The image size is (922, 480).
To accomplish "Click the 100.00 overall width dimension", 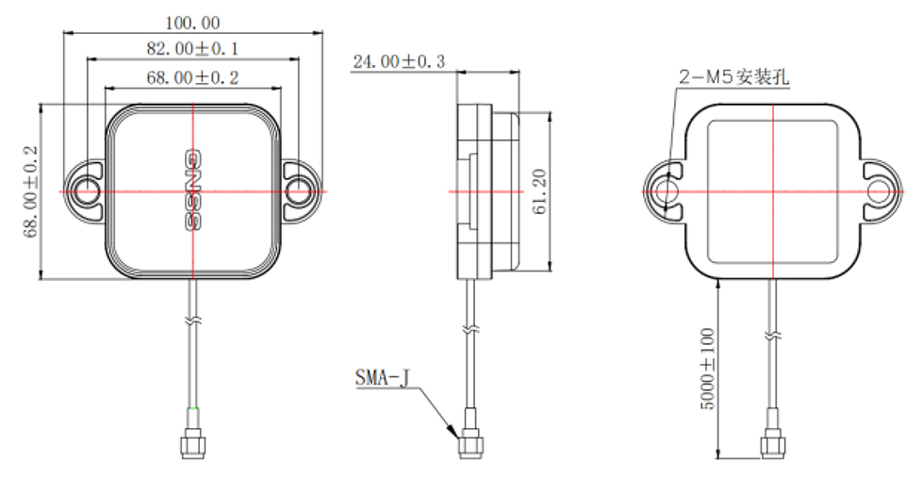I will pos(193,21).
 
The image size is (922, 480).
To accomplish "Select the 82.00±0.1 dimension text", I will pos(193,48).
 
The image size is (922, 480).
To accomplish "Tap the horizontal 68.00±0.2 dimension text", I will pos(193,76).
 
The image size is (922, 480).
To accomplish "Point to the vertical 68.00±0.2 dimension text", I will pos(31,191).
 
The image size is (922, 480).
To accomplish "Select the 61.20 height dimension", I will pos(539,192).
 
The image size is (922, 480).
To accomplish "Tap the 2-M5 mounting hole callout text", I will pos(733,78).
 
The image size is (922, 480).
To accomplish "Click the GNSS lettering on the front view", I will pos(192,191).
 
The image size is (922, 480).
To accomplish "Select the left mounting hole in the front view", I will pos(87,191).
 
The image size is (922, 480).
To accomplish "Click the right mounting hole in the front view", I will pos(299,191).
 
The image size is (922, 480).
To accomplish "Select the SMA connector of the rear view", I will pos(772,440).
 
